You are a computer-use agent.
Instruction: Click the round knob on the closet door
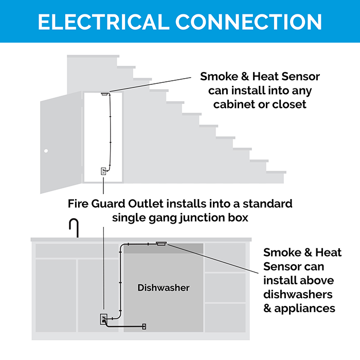tap(46, 151)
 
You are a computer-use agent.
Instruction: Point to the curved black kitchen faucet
tap(75, 228)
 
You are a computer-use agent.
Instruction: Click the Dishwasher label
tap(163, 287)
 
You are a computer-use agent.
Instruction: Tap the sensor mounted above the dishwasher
tap(160, 244)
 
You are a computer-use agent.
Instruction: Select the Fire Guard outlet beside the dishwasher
tap(103, 319)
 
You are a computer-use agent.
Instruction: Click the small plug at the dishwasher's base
tap(144, 326)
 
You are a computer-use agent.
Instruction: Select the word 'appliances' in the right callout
tap(305, 309)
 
